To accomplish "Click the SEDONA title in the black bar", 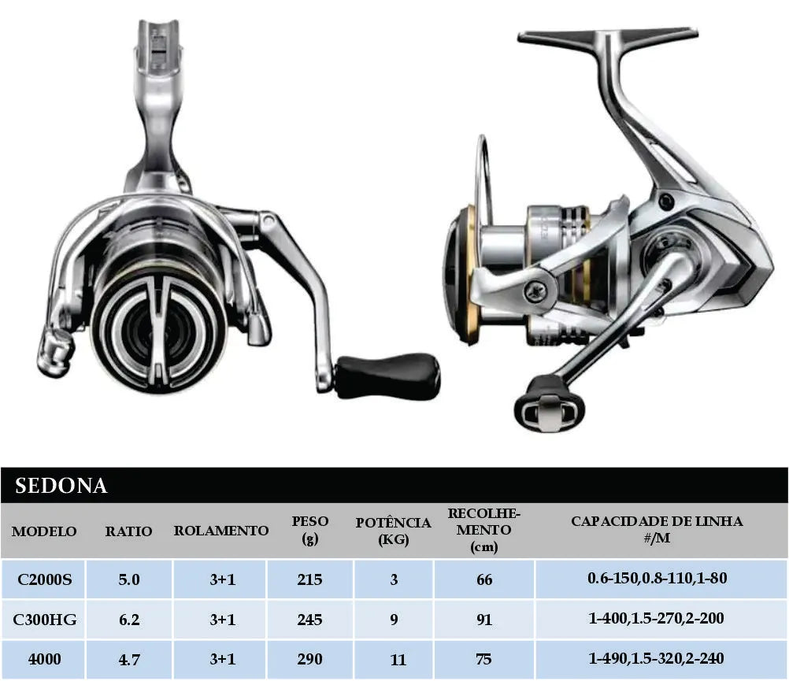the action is [61, 485].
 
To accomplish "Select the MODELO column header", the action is [44, 531].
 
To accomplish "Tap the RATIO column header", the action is [128, 531].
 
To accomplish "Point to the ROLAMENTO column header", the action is [221, 531].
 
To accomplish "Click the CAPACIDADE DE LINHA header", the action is [657, 529].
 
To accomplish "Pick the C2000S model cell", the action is [44, 579].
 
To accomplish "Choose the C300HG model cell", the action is [44, 619].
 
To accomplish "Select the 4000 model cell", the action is [44, 659].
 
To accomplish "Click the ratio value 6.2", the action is [129, 619].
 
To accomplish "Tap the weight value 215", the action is [309, 579].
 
